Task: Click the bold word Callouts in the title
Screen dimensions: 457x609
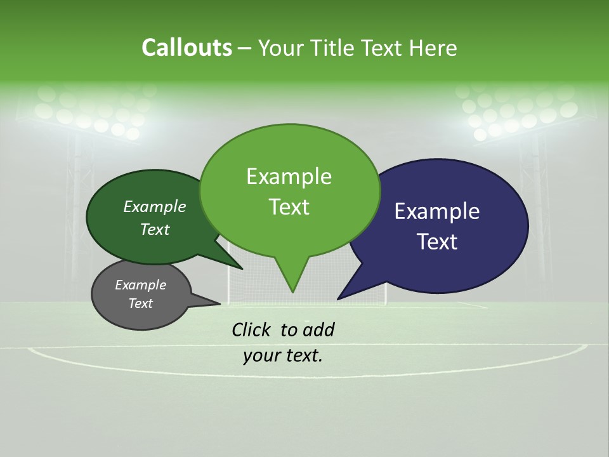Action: [187, 48]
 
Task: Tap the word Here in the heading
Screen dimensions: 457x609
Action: [432, 48]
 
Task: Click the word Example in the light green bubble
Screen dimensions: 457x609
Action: [289, 176]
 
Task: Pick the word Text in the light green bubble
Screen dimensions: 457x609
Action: [289, 207]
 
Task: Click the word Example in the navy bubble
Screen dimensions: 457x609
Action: [437, 211]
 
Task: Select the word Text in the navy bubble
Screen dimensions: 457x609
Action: [437, 242]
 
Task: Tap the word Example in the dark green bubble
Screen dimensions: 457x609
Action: [155, 207]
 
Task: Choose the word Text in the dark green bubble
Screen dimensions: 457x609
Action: [155, 229]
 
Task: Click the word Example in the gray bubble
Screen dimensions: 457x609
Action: [141, 285]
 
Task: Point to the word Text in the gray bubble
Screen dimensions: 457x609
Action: [141, 303]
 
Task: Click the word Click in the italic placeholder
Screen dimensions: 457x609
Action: [252, 329]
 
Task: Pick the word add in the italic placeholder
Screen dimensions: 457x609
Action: [318, 329]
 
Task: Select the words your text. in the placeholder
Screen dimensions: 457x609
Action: [283, 356]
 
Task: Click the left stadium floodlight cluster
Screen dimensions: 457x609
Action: [95, 111]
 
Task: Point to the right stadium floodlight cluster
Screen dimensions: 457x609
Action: [517, 111]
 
